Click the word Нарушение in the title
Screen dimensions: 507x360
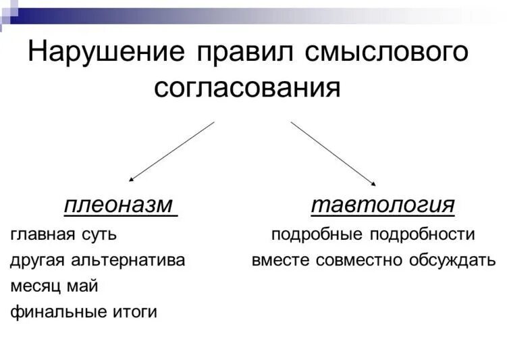click(x=105, y=53)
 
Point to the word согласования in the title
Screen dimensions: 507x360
click(x=247, y=88)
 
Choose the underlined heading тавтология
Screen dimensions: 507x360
click(x=382, y=205)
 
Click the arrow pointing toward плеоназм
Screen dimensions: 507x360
click(x=171, y=151)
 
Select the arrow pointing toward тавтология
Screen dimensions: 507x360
click(x=333, y=153)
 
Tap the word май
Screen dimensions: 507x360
click(x=83, y=286)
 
